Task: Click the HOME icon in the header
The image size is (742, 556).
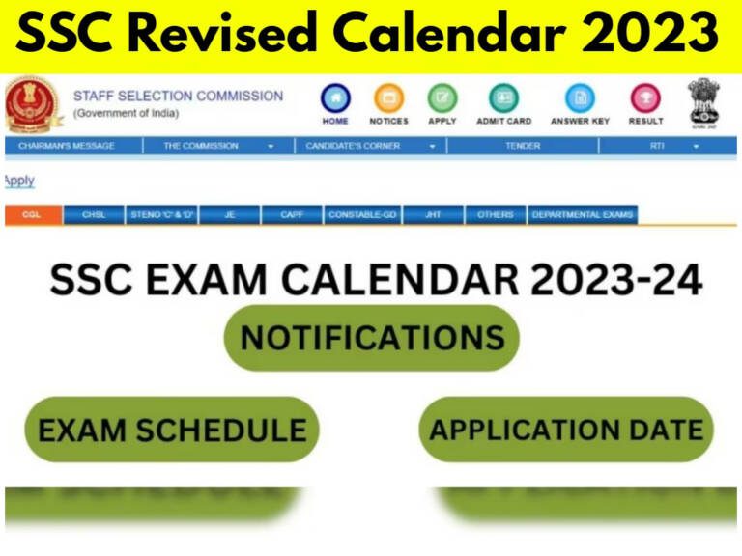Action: (x=335, y=98)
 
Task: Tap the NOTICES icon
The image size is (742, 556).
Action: (x=388, y=98)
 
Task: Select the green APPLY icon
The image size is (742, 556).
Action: (x=442, y=98)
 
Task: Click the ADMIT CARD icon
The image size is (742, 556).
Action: (x=503, y=98)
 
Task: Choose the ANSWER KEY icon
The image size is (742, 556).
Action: (x=580, y=98)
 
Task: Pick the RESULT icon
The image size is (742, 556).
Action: (x=645, y=98)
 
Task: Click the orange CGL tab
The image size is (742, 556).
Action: (x=33, y=215)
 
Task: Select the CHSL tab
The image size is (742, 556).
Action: (x=94, y=215)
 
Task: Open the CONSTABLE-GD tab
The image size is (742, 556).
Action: (x=362, y=215)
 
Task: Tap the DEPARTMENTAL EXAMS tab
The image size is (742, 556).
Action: (x=583, y=215)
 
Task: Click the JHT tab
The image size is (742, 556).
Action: (x=433, y=215)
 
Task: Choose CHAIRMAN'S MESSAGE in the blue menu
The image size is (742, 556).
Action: (x=66, y=146)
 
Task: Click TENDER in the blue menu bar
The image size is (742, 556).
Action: (x=523, y=146)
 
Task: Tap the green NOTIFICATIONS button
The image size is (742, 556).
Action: (x=372, y=338)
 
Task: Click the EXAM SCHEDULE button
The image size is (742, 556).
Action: (x=171, y=430)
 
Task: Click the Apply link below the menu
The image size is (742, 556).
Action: (x=18, y=181)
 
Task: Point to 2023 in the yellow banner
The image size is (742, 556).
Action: (x=667, y=36)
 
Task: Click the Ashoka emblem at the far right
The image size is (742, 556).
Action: (x=705, y=102)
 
